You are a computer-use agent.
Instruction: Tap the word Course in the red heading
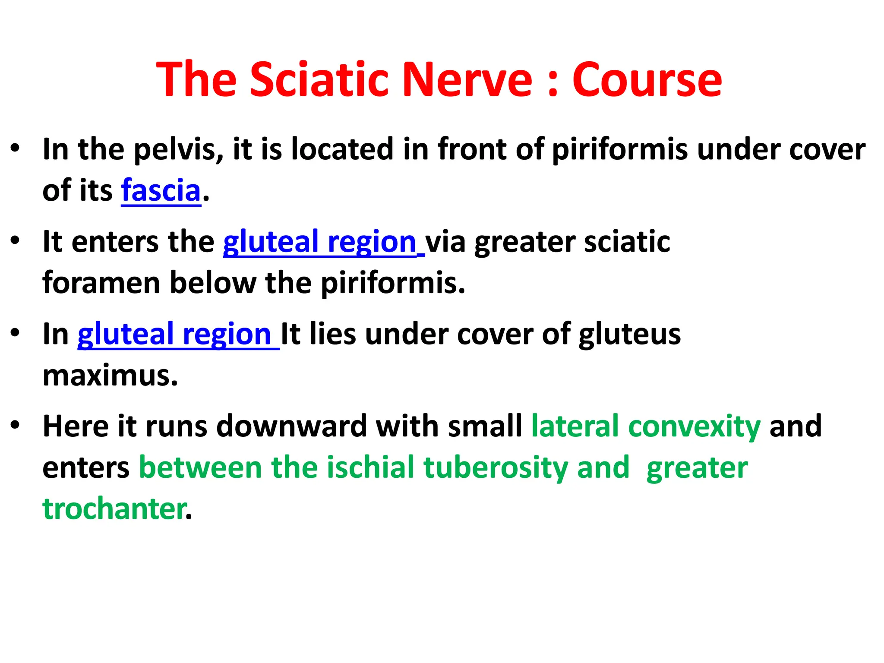tap(647, 80)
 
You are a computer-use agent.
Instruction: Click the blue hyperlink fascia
tap(161, 190)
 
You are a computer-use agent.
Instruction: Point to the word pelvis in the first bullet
tap(178, 149)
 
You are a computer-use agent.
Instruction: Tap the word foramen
tap(101, 283)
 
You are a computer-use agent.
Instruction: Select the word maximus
tap(110, 376)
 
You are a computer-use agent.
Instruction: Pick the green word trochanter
tap(114, 509)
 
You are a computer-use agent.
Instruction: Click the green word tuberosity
tap(495, 467)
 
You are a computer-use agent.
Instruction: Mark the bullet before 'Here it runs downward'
tap(16, 425)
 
